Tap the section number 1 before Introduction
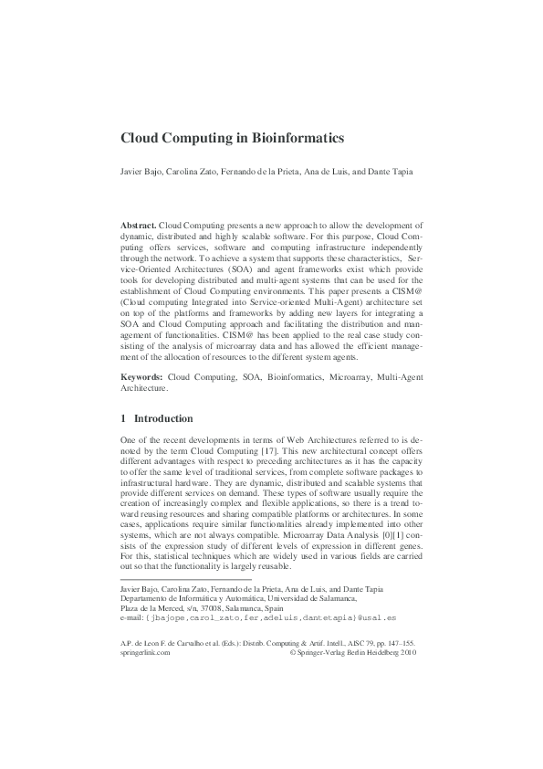[124, 419]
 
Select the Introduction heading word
[163, 419]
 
